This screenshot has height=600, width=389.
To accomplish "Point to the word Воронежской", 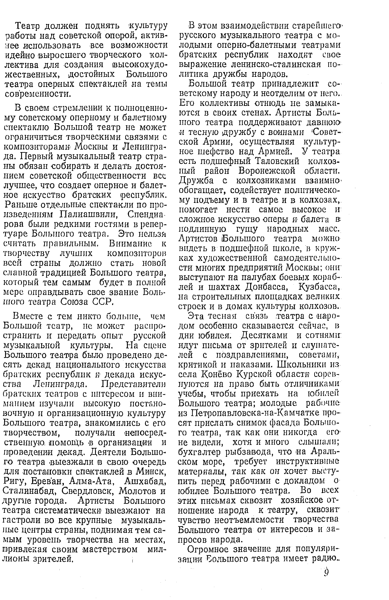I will pyautogui.click(x=267, y=171).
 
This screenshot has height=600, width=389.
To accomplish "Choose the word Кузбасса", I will pyautogui.click(x=318, y=287).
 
